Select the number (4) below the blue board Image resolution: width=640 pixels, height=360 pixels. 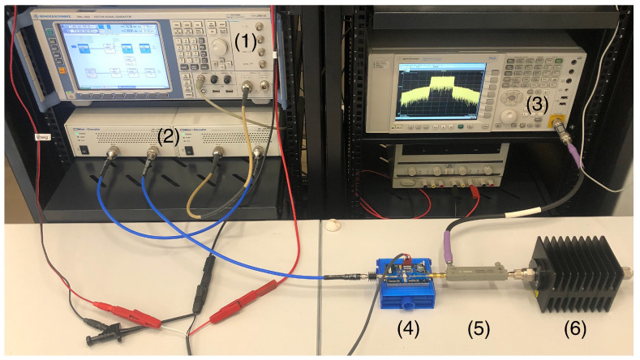click(x=407, y=331)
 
